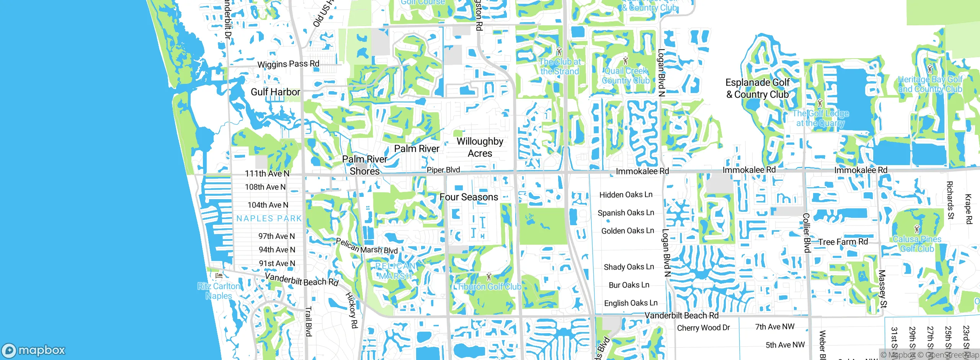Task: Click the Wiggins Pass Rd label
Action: (288, 64)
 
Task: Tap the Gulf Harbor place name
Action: (275, 92)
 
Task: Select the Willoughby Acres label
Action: (480, 147)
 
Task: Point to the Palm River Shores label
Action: (364, 165)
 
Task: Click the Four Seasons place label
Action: (469, 197)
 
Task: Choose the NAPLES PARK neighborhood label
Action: (269, 219)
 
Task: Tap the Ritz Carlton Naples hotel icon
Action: (219, 275)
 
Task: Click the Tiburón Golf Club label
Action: (489, 287)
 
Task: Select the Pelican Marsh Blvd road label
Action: (366, 246)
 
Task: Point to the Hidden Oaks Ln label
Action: (626, 195)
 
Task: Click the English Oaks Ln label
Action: (630, 303)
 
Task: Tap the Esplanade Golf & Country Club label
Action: (757, 88)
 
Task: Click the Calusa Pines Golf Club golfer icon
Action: (916, 229)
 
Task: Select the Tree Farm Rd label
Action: (843, 242)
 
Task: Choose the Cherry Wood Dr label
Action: (703, 328)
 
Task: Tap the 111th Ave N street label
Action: (267, 173)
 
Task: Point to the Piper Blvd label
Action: (443, 170)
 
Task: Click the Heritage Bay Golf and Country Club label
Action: (930, 84)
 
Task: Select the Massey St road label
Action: (882, 289)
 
